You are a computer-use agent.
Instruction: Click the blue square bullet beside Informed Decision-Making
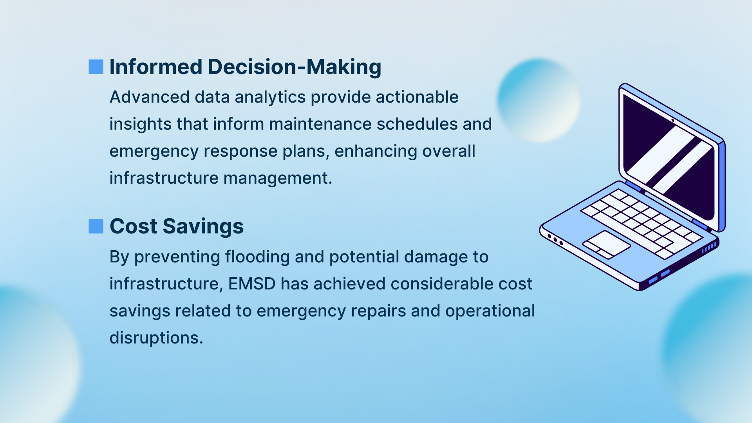click(x=96, y=67)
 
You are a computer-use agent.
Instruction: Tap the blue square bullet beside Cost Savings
click(x=96, y=226)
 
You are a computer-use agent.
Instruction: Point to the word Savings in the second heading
click(x=203, y=227)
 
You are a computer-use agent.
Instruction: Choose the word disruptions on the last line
click(x=156, y=338)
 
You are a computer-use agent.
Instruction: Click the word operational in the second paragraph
click(x=490, y=311)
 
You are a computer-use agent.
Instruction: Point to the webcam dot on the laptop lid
click(x=672, y=120)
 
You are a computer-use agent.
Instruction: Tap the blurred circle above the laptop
click(x=539, y=100)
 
